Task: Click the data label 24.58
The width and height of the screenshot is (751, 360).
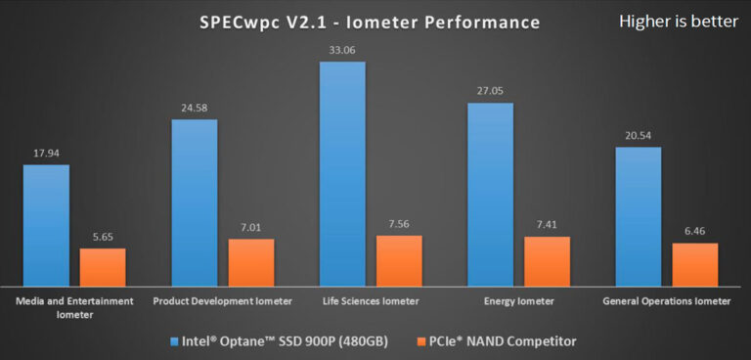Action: [195, 110]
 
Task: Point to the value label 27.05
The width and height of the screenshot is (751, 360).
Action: [490, 93]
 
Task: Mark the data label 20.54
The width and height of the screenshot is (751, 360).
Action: [638, 137]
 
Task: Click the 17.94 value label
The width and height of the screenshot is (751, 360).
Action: [46, 155]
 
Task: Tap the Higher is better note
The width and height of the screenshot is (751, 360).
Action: [678, 22]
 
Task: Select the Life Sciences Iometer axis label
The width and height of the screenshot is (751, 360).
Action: [370, 301]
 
